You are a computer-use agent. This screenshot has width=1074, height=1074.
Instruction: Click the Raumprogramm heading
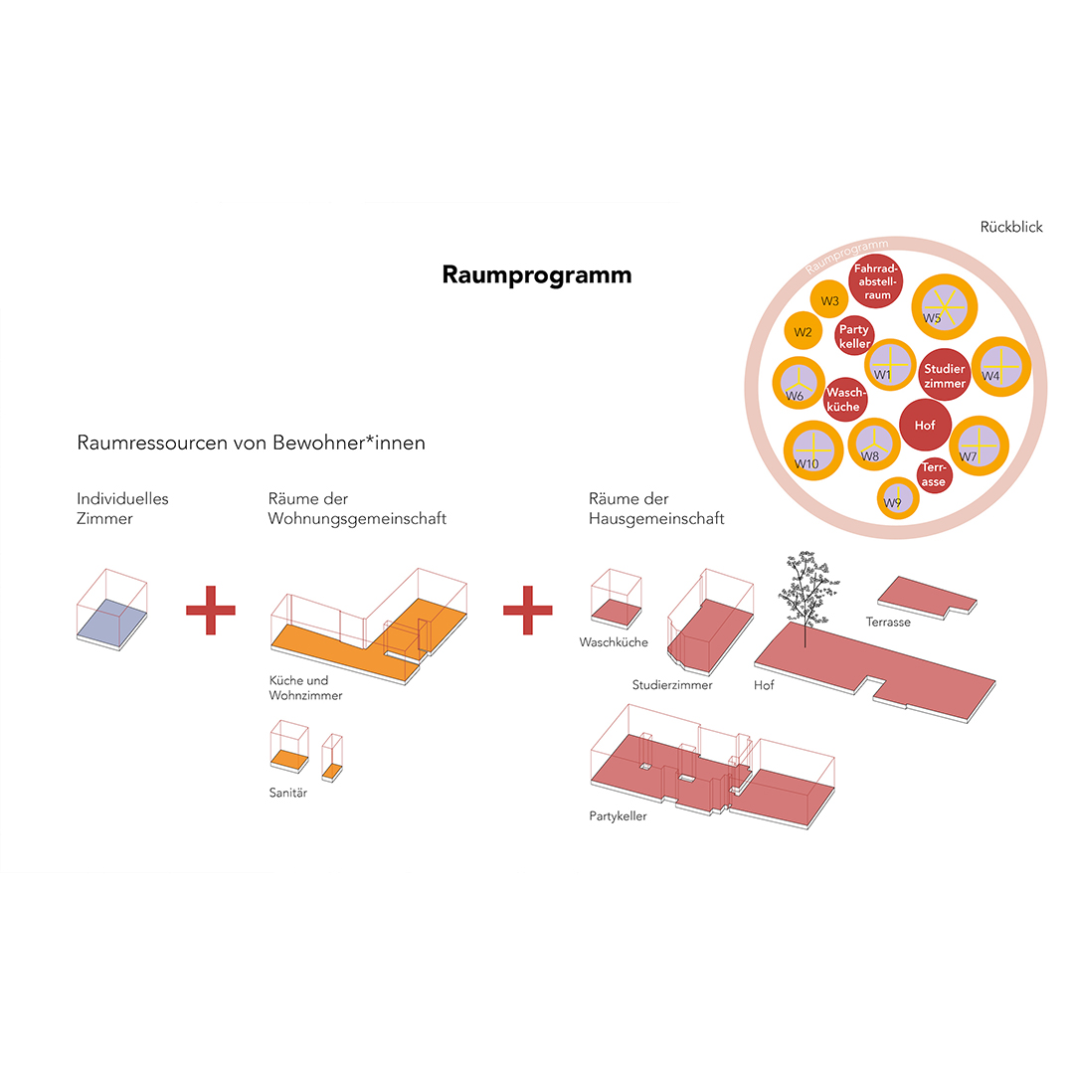click(536, 275)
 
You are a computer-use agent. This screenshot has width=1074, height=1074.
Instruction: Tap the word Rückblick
click(1011, 227)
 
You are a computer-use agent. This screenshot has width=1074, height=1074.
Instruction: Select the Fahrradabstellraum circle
click(876, 281)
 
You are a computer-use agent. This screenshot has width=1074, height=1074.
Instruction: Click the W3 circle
click(829, 300)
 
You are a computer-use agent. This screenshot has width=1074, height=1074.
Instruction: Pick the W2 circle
click(804, 331)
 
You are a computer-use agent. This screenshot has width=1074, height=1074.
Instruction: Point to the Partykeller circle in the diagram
click(855, 336)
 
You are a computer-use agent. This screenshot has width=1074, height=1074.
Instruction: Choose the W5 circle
click(944, 307)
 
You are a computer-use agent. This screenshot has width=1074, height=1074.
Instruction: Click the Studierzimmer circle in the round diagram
click(945, 375)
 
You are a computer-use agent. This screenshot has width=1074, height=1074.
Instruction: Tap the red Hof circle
click(926, 426)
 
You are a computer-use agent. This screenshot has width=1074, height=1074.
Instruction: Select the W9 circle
click(897, 498)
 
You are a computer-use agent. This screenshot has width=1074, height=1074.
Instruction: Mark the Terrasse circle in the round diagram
click(934, 474)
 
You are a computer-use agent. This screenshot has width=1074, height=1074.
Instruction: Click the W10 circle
click(813, 450)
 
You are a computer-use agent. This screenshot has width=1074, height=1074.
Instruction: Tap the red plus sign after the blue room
click(211, 611)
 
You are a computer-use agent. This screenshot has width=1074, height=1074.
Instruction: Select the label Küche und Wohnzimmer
click(305, 688)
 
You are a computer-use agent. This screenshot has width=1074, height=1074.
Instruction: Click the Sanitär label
click(287, 793)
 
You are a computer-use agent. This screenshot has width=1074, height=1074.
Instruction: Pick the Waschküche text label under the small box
click(614, 642)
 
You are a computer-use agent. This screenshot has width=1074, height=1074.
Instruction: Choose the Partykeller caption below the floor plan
click(618, 816)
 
